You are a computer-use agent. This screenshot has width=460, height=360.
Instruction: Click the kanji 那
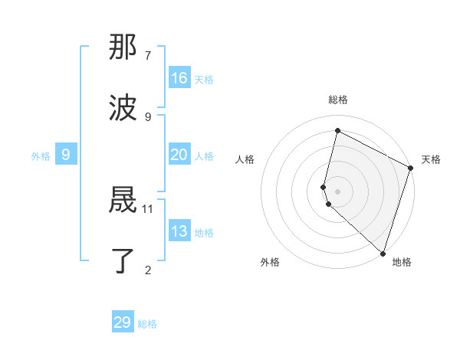pos(123,48)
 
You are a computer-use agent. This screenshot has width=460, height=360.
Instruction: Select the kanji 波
pos(123,108)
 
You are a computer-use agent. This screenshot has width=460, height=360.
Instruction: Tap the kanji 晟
pos(123,201)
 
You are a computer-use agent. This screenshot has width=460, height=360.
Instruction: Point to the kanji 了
pos(123,261)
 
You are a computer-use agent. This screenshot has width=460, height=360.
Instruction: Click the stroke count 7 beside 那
pos(148,56)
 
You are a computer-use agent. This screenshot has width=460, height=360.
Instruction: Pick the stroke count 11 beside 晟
pos(148,208)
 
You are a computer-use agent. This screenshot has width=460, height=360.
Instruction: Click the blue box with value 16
pos(179,78)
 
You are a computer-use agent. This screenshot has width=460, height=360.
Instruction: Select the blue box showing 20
pos(179,155)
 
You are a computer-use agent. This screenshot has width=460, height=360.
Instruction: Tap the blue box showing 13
pos(179,231)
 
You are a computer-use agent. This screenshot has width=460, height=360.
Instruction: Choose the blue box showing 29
pos(123,322)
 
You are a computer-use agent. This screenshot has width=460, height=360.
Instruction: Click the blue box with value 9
pos(66,155)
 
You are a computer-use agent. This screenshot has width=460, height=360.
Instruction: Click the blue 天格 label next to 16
pos(204,79)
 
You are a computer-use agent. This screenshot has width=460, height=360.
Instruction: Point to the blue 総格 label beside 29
pos(147,324)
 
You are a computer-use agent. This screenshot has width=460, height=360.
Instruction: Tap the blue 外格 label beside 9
pos(41,155)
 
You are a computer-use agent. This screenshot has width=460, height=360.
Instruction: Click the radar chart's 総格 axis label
pos(338,100)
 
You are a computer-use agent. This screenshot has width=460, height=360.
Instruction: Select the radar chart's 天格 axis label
pos(431,159)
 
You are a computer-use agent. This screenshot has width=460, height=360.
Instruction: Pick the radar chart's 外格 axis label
pos(270,262)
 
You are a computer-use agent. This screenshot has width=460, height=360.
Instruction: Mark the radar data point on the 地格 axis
pos(383,253)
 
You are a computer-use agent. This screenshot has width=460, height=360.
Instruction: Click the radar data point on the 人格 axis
pos(324,186)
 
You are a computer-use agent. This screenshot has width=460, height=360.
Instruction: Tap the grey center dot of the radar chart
pos(338,191)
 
